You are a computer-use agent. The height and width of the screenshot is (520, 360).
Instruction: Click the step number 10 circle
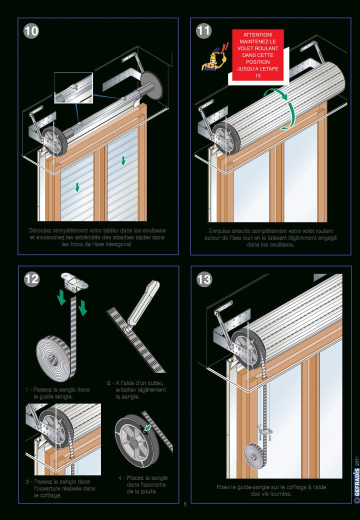tap(31, 30)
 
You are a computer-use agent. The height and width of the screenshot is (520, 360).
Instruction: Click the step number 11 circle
tap(203, 30)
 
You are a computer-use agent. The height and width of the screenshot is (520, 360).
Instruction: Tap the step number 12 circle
tap(31, 279)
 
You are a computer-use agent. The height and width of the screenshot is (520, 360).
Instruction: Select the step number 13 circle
tap(203, 279)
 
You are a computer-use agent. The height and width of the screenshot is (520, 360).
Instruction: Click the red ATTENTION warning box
tap(258, 54)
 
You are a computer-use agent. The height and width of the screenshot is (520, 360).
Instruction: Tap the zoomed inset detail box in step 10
tap(73, 88)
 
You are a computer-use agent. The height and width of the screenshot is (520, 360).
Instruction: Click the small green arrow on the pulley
tap(148, 427)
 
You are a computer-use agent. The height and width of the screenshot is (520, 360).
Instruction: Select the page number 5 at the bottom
tap(184, 503)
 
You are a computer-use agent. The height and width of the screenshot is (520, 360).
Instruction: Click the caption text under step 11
tap(270, 237)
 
